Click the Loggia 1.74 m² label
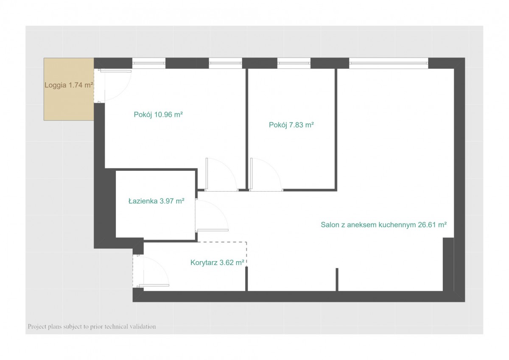pos(69,85)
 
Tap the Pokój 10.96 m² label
pos(158,114)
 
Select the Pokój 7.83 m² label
pos(291,125)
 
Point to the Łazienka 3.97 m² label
pos(157,201)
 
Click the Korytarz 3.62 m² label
pos(217,262)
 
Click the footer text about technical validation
pos(92,327)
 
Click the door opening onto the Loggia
pos(113,86)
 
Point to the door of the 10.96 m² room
pos(221,174)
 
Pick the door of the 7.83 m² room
pos(266,174)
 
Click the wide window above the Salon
pos(389,63)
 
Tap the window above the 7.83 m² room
pos(294,63)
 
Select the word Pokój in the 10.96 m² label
pos(143,114)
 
